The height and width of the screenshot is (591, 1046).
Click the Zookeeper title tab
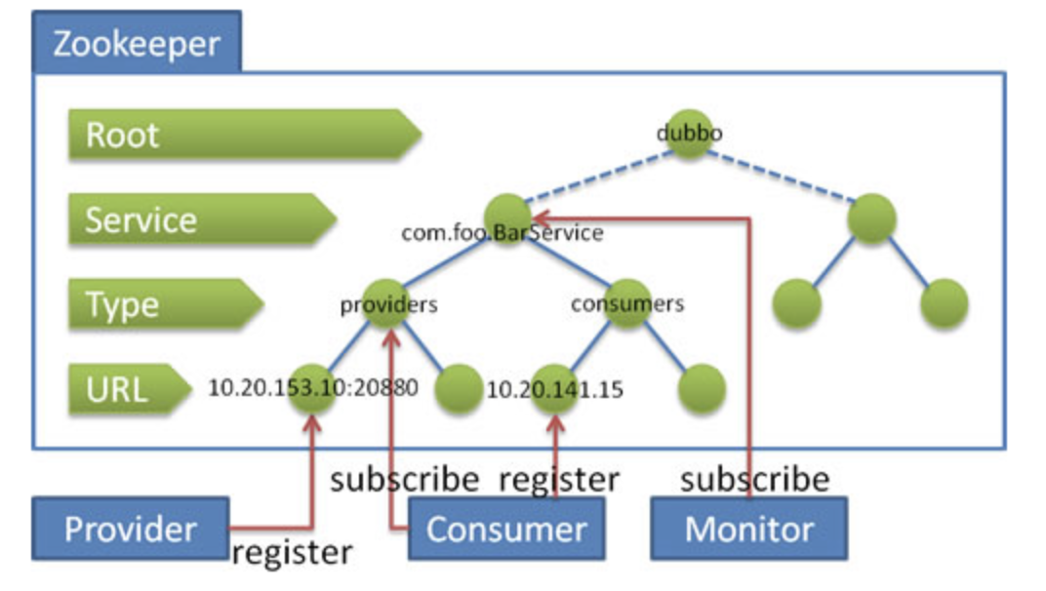point(137,41)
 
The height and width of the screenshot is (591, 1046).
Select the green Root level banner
point(245,134)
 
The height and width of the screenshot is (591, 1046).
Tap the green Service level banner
point(202,218)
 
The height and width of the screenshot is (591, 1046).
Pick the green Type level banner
point(166,303)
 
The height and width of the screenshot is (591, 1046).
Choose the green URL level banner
point(130,388)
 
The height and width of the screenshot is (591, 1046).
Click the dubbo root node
point(689,134)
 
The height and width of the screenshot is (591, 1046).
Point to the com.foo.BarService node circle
point(507,218)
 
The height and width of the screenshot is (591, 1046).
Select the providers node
point(387,303)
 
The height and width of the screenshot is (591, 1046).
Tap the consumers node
point(627,303)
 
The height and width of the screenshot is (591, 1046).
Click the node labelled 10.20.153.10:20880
point(312,388)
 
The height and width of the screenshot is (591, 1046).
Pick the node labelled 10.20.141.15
point(555,388)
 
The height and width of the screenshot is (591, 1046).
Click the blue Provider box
point(131,529)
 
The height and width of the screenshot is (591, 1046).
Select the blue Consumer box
point(506,529)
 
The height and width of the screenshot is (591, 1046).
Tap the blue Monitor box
point(749,529)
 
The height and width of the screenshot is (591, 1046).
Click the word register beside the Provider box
point(292,552)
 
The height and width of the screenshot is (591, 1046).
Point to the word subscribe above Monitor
point(755,479)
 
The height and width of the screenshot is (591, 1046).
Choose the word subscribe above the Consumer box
point(405,479)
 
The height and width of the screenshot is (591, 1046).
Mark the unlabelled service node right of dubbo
point(871,218)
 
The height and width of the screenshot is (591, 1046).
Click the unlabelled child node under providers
point(459,388)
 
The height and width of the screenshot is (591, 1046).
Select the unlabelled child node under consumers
point(702,388)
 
